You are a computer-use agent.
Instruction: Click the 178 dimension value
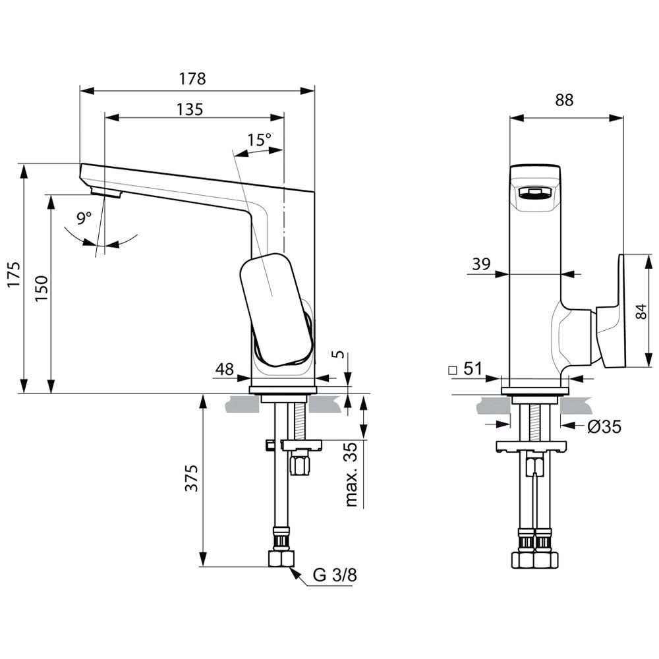pyautogui.click(x=192, y=79)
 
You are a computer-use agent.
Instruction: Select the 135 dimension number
pyautogui.click(x=189, y=109)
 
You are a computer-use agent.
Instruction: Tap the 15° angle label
pyautogui.click(x=259, y=140)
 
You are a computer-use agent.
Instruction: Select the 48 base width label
pyautogui.click(x=225, y=370)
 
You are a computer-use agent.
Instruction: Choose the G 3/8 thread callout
pyautogui.click(x=335, y=575)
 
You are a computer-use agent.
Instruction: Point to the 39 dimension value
pyautogui.click(x=481, y=264)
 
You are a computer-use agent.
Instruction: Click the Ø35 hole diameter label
pyautogui.click(x=604, y=427)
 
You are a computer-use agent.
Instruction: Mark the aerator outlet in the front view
pyautogui.click(x=534, y=193)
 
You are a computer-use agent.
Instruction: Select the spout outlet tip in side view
pyautogui.click(x=105, y=192)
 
